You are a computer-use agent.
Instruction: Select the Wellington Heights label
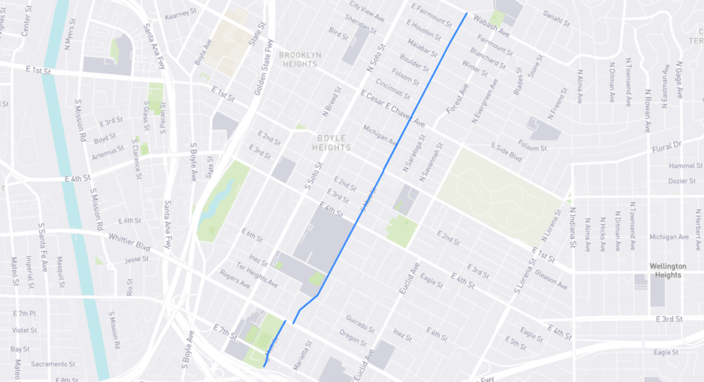[x=667, y=270]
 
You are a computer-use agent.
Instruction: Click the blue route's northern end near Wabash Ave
[x=467, y=14]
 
